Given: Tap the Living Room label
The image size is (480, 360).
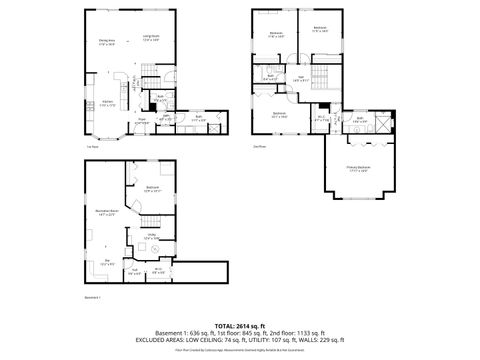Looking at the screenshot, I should pos(151,41).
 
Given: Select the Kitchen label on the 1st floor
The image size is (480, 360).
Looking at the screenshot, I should pos(107,104).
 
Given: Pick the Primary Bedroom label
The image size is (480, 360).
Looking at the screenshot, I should pos(358,169).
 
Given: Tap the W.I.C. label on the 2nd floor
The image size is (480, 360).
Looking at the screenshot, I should pos(321,119).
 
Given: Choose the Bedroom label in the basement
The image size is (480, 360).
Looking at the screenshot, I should pos(152,188).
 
